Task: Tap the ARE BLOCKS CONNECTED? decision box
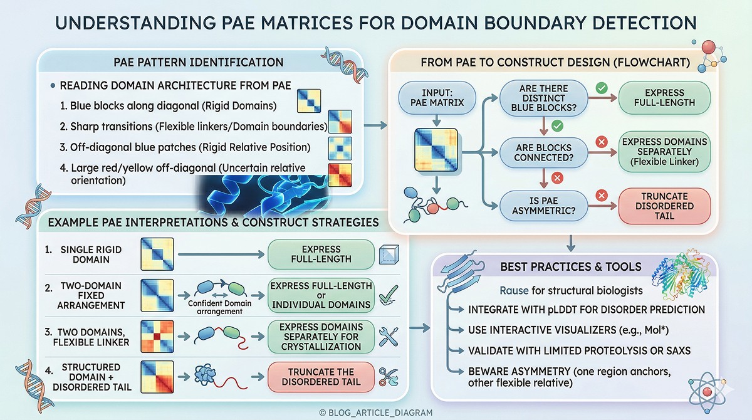[543, 152]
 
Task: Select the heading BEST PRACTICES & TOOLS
[570, 266]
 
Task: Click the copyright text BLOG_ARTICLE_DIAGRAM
[376, 412]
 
